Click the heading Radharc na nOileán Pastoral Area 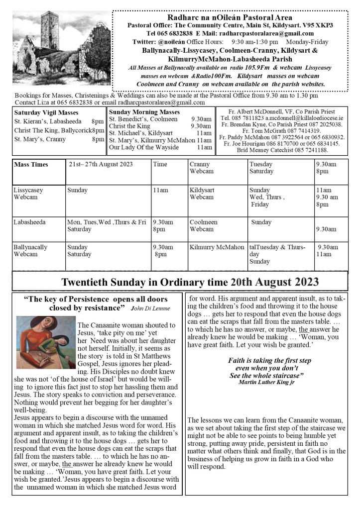(230, 17)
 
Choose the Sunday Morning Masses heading (144, 112)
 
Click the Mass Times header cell (31, 164)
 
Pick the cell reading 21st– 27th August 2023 (101, 164)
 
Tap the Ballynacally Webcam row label (30, 250)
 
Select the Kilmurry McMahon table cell (217, 247)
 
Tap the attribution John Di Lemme (150, 308)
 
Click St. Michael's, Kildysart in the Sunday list (141, 133)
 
